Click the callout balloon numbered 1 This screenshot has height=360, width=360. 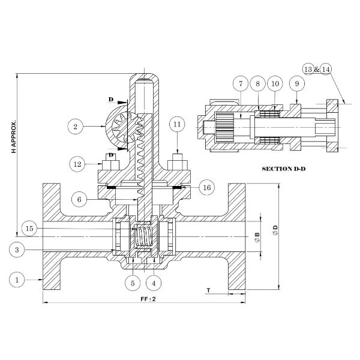tap(17, 280)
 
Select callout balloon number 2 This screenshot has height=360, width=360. tap(76, 127)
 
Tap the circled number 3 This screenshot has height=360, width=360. tap(17, 250)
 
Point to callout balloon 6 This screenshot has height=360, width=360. tap(79, 199)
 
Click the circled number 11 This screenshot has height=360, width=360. tap(177, 124)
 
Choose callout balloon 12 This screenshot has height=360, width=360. tap(77, 164)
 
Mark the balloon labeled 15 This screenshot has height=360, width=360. tap(29, 229)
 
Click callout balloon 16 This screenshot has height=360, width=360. tap(206, 188)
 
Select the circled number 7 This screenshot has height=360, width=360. tap(241, 84)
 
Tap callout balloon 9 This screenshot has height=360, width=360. tap(297, 84)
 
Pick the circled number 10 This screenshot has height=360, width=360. tap(275, 84)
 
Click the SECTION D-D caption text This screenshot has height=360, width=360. tap(284, 169)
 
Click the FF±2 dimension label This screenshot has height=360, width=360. tap(148, 299)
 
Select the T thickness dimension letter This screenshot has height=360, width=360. tap(208, 290)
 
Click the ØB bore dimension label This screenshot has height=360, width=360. tap(257, 238)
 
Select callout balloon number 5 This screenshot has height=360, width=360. tap(133, 283)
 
